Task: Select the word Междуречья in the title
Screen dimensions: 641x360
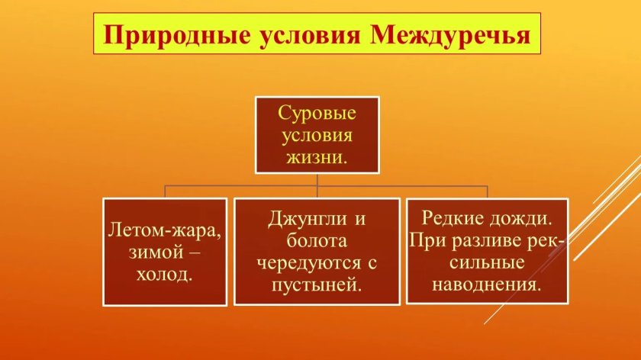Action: click(450, 35)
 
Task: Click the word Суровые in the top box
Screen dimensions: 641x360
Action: click(317, 113)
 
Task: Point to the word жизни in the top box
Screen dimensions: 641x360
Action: click(317, 157)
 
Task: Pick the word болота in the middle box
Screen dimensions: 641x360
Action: click(317, 241)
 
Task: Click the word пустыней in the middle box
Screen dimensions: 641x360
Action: click(317, 284)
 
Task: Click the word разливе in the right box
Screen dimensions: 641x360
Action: click(486, 241)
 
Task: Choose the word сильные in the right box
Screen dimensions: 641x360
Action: click(488, 262)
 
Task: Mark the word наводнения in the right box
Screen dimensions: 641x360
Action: click(487, 284)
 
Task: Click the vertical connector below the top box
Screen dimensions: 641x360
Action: click(317, 186)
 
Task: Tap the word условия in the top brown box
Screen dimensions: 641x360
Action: click(317, 135)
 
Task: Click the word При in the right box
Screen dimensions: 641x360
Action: click(427, 240)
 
